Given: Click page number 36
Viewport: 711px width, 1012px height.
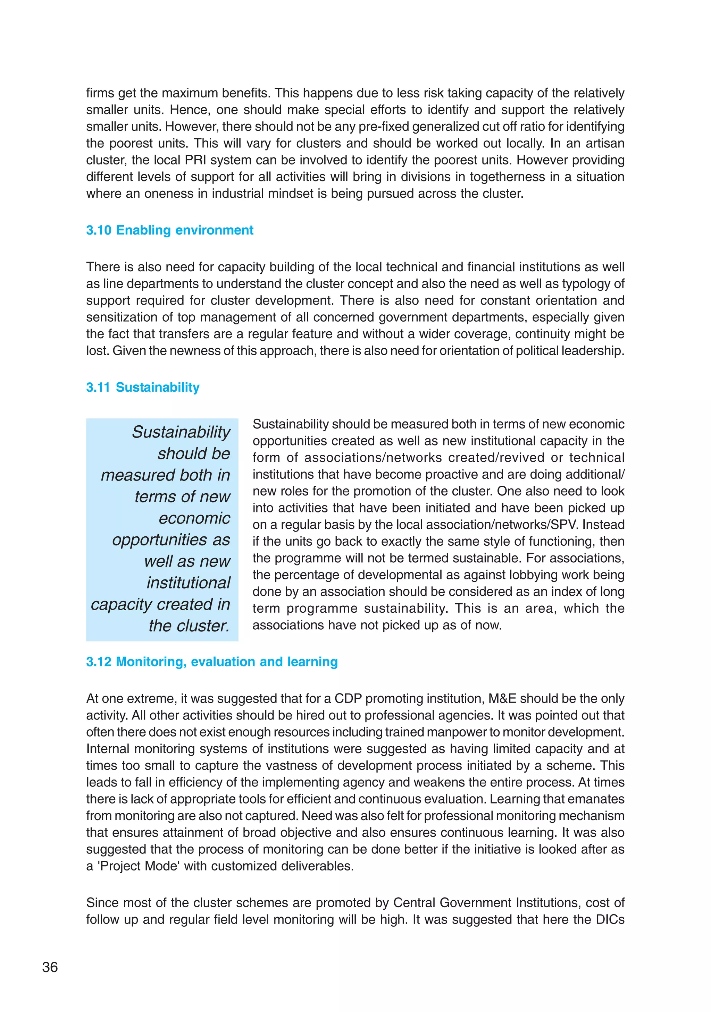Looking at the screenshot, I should point(50,967).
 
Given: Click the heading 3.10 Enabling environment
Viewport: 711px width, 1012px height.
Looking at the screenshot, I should point(169,230).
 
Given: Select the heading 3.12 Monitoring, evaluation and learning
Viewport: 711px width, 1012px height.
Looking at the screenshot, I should point(212,662).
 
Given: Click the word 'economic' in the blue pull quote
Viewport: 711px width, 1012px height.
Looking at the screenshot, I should point(194,518).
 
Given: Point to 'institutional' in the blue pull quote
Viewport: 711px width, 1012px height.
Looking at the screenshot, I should point(188,583).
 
